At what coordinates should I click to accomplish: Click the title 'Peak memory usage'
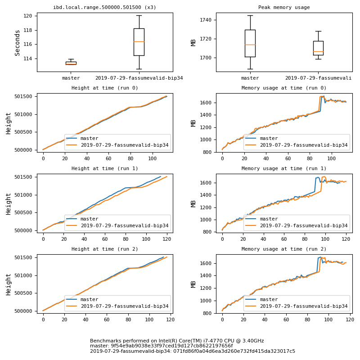point(284,8)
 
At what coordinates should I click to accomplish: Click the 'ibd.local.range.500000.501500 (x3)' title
point(105,8)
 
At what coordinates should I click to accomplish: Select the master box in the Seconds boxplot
point(71,63)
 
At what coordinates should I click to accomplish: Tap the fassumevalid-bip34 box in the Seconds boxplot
point(139,42)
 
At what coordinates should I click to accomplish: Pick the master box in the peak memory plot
point(250,43)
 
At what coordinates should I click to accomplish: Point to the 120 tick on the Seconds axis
point(28,16)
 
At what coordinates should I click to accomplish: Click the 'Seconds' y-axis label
point(18,43)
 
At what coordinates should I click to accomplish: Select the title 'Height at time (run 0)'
point(105,88)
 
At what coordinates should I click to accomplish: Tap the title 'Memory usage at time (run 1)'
point(284,169)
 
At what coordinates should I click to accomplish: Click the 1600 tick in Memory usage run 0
point(207,103)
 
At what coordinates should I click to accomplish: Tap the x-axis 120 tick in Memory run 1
point(346,239)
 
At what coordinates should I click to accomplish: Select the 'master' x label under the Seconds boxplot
point(71,78)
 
